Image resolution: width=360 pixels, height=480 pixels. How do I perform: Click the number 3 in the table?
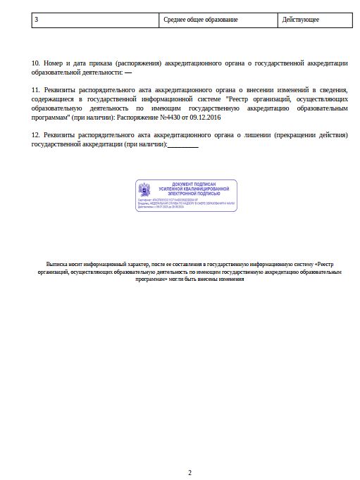tap(36, 20)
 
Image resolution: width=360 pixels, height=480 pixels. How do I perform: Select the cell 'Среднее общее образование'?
tap(200, 20)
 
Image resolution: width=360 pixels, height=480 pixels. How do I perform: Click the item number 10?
tap(36, 63)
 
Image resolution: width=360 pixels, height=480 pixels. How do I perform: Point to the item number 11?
tap(36, 90)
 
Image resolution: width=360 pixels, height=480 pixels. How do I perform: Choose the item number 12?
tap(36, 134)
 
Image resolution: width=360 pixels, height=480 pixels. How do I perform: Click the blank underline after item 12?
tap(182, 144)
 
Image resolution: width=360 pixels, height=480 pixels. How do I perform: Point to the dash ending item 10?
tap(128, 72)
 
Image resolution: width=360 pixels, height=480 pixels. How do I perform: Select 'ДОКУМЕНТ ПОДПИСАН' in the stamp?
tap(194, 184)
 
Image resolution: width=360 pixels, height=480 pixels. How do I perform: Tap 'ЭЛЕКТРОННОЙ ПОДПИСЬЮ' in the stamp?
tap(194, 193)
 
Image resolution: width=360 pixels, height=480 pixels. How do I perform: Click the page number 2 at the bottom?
tap(190, 472)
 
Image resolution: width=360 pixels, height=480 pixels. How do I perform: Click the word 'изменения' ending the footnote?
tap(231, 279)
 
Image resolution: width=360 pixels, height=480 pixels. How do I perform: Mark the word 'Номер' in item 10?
tap(54, 63)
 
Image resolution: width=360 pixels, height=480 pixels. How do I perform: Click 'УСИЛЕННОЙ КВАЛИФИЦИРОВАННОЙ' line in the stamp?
tap(194, 189)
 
